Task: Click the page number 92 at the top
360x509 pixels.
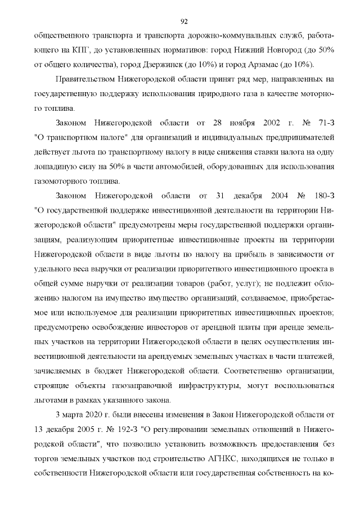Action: pos(183,22)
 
